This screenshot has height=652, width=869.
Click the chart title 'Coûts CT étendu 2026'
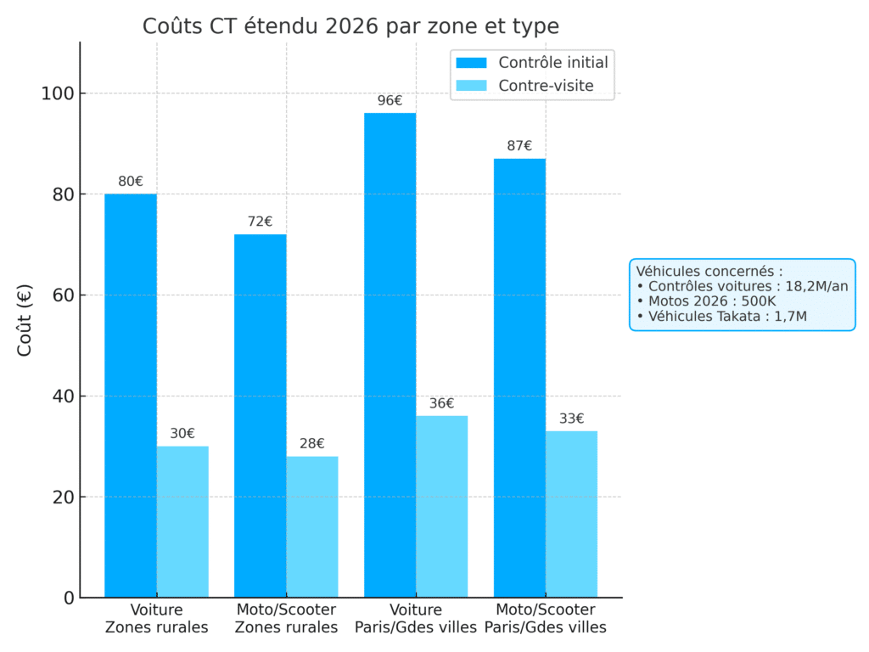click(350, 26)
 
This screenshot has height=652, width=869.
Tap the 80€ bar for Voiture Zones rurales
click(131, 396)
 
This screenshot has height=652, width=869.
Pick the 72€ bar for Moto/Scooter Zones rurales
click(260, 416)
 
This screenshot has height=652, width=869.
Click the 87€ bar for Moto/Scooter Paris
click(519, 378)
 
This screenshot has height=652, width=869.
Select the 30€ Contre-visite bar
click(182, 521)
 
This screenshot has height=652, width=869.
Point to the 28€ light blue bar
click(311, 526)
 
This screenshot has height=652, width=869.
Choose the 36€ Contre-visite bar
click(441, 506)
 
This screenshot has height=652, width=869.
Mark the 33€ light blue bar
click(571, 514)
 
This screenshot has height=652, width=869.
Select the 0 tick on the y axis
click(68, 598)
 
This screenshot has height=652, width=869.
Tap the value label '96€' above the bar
click(390, 101)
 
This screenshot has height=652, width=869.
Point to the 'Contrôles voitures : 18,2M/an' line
click(742, 286)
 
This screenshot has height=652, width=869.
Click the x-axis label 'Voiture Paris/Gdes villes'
click(416, 619)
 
